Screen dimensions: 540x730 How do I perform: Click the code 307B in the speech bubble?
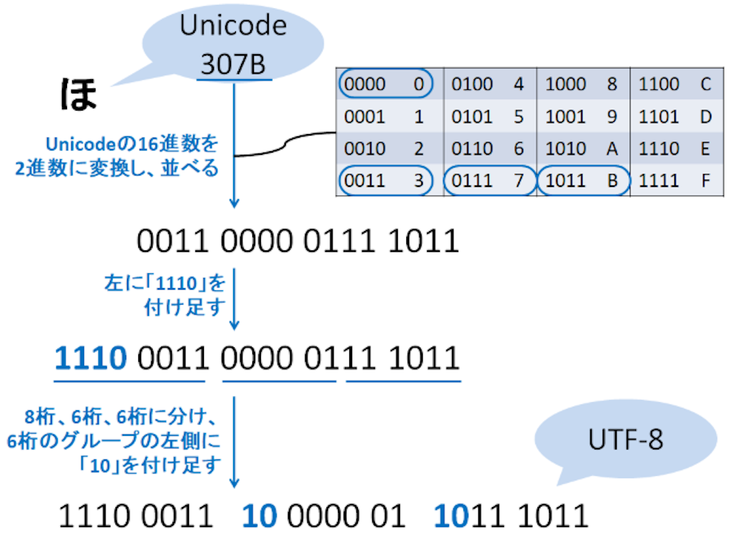(x=233, y=65)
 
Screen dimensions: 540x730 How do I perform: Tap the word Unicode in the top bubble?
(x=233, y=26)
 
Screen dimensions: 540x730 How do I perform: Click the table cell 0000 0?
(x=385, y=84)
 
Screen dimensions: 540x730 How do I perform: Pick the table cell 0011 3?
(x=385, y=181)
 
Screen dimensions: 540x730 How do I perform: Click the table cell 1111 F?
(x=674, y=181)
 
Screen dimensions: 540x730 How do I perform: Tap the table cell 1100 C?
(x=674, y=84)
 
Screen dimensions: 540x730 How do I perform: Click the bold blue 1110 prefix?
(x=91, y=358)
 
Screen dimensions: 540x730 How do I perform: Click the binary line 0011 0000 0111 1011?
(x=297, y=243)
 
